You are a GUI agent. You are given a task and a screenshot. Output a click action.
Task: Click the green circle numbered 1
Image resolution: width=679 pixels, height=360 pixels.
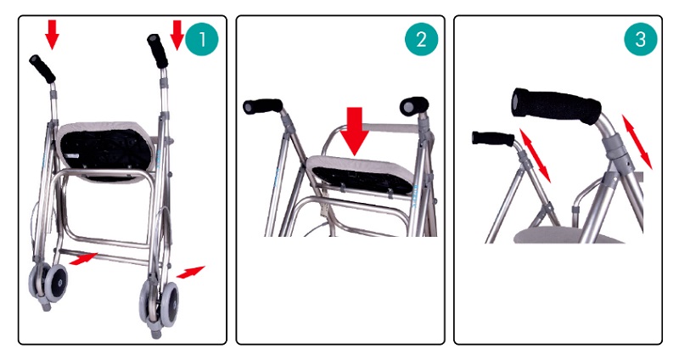click(202, 39)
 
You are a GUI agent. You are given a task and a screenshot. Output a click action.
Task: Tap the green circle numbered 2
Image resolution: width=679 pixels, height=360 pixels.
click(421, 39)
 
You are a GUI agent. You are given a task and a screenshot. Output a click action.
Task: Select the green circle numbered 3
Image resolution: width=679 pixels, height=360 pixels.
click(641, 39)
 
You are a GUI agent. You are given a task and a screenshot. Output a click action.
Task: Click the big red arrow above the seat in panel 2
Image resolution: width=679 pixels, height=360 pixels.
click(355, 131)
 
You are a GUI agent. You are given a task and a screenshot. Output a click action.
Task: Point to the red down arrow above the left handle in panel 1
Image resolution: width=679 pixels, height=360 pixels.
click(53, 35)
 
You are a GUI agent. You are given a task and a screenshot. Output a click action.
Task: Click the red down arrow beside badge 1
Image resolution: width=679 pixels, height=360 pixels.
click(177, 35)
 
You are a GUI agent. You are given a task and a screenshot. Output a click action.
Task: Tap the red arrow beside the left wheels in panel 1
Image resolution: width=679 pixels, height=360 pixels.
click(83, 259)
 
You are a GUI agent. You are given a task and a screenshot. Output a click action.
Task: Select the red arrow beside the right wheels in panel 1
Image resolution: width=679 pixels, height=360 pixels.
click(190, 272)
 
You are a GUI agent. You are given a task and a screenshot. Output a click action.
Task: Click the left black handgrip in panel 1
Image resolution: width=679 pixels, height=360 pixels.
click(42, 69)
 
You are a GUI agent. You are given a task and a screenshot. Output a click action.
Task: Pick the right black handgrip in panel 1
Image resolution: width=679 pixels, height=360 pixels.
click(157, 51)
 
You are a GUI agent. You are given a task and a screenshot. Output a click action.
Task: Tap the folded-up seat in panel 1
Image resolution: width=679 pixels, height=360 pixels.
click(105, 152)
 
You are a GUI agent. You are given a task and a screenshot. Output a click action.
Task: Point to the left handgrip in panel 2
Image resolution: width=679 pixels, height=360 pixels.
click(262, 106)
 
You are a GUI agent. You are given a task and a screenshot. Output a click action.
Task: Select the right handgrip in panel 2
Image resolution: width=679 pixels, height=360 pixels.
click(414, 106)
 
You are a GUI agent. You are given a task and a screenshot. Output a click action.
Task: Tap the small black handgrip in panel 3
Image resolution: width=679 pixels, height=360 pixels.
click(493, 138)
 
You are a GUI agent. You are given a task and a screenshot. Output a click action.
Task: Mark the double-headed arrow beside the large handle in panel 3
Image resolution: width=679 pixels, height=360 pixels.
click(637, 142)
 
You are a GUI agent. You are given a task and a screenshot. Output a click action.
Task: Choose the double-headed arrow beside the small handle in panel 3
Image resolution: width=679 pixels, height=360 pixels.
click(535, 155)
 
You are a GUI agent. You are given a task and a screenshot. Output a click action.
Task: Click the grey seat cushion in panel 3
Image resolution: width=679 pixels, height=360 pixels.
click(568, 236)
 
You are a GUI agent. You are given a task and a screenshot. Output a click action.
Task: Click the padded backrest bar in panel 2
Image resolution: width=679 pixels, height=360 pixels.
click(390, 128)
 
